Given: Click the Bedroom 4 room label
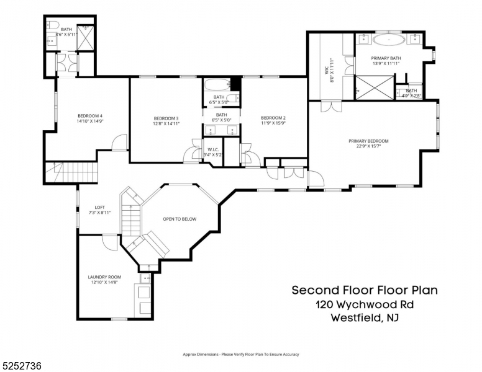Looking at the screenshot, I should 89,116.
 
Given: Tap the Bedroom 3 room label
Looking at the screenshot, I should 166,118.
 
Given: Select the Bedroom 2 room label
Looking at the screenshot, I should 273,118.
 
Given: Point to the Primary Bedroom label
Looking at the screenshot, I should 368,141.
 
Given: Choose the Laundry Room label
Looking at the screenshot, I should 104,277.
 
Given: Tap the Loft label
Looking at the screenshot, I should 99,207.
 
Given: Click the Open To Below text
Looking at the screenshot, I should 180,219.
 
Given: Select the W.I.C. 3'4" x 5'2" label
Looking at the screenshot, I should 212,149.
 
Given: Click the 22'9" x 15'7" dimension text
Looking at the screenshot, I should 368,146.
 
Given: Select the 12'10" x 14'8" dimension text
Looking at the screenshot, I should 104,282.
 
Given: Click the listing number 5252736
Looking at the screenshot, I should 22,366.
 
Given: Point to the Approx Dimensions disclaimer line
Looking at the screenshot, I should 241,354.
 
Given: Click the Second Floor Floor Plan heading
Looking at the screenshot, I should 365,290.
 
